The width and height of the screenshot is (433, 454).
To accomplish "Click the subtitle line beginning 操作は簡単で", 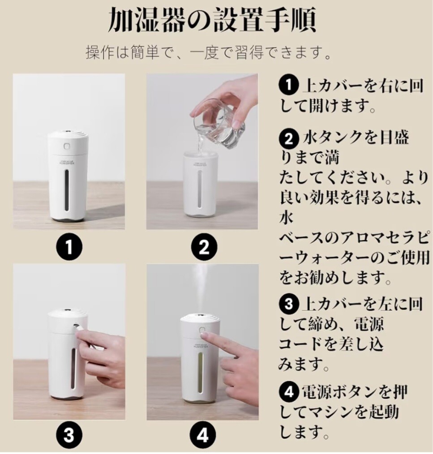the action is pos(208,53).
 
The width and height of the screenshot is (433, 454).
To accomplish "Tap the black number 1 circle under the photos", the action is pos(69,247).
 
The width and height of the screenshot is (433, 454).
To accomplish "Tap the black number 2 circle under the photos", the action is pos(204,247).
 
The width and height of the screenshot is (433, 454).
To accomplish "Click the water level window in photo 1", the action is pos(67,190).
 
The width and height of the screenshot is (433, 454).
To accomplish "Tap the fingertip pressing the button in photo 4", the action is pos(204,336).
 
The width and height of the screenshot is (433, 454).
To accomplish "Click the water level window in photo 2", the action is pos(200,189).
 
